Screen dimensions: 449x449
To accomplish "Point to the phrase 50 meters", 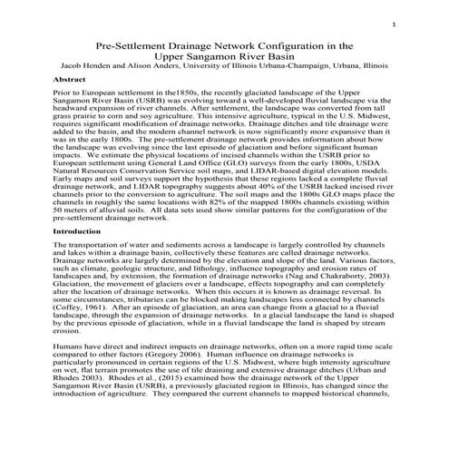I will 74,210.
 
